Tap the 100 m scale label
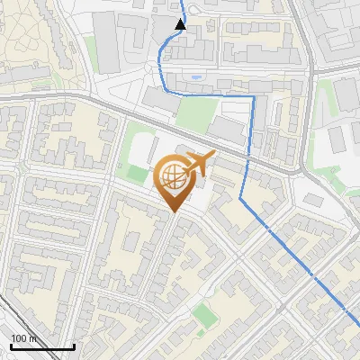click(24, 338)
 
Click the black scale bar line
click(42, 346)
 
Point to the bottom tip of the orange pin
click(173, 211)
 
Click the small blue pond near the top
click(195, 77)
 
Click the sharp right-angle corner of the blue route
click(253, 95)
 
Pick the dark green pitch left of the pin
click(134, 173)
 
